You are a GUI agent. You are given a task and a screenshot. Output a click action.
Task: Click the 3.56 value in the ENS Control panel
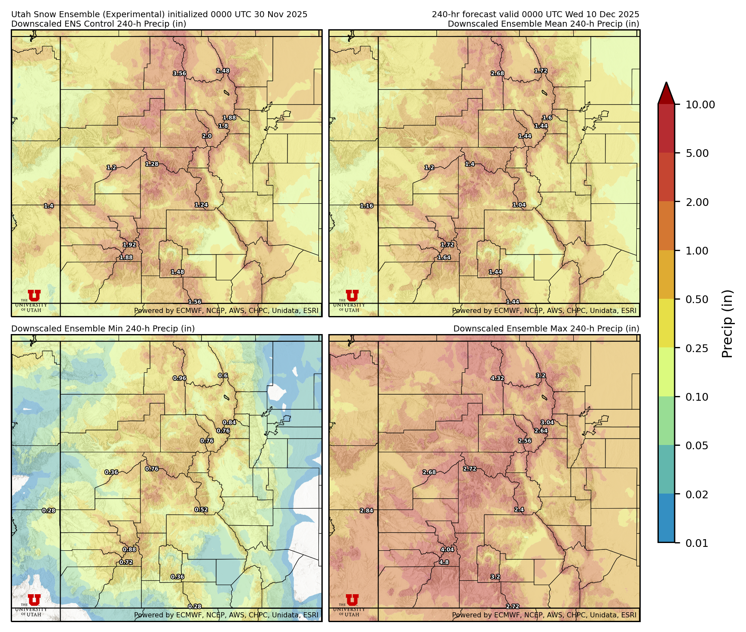pos(180,74)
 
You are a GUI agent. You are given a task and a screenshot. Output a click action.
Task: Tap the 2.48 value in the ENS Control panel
pos(223,71)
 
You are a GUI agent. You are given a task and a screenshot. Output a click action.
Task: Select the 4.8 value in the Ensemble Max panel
pos(444,562)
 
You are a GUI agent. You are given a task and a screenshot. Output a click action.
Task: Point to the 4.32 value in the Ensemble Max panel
pos(497,378)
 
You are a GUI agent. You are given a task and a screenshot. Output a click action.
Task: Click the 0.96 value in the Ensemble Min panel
pos(180,378)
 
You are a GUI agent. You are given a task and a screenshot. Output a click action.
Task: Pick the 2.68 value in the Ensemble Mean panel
pos(497,74)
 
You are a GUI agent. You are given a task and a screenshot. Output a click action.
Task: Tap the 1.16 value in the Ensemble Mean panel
pos(367,206)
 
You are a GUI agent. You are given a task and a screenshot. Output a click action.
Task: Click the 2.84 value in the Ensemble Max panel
pos(367,511)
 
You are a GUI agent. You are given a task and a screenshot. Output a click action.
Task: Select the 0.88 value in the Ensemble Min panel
pos(129,549)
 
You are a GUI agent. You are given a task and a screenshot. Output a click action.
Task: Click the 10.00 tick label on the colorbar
pos(700,104)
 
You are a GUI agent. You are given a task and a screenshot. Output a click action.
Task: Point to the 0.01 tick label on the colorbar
pos(697,543)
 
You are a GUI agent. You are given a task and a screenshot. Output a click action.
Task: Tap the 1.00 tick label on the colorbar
pos(697,251)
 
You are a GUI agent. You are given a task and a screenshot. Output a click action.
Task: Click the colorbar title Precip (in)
pos(727,323)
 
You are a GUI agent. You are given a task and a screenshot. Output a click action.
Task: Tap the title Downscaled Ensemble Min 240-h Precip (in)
pos(103,328)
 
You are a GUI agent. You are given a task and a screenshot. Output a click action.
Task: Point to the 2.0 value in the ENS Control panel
pos(207,136)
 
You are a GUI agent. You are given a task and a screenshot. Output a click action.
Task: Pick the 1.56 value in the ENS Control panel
pos(195,302)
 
